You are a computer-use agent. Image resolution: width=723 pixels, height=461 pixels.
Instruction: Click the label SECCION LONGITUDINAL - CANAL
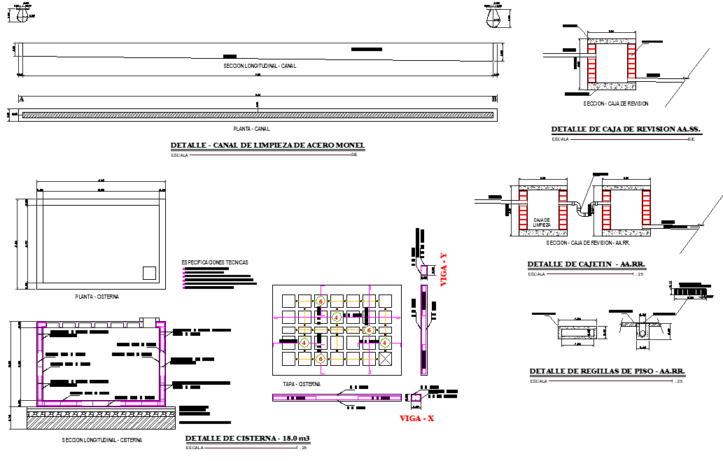260,66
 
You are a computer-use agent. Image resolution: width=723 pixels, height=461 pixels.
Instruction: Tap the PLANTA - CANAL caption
251,129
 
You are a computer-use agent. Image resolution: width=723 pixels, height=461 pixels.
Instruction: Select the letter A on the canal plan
21,99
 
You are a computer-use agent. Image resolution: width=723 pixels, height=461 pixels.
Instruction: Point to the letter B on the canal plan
494,99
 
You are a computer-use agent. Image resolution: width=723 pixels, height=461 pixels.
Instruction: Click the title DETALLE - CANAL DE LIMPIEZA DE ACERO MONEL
267,146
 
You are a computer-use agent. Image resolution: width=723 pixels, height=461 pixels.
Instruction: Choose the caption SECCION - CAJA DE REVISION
616,104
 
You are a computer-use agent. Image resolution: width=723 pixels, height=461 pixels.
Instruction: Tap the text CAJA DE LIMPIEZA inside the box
542,222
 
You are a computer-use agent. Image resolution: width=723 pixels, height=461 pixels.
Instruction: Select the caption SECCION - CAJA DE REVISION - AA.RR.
588,243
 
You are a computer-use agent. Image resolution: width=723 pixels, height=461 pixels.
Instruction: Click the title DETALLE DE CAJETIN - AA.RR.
585,264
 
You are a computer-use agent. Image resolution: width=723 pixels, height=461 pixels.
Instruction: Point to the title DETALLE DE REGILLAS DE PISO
606,371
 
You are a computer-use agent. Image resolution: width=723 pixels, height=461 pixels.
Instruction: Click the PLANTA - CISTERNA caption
97,297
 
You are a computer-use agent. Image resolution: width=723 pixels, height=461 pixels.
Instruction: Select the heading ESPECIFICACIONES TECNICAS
215,262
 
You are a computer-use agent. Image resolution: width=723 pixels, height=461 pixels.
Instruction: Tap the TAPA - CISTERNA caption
302,384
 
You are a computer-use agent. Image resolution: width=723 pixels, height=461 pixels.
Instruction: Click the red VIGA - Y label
443,270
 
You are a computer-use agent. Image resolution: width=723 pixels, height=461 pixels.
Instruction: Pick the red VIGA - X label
417,418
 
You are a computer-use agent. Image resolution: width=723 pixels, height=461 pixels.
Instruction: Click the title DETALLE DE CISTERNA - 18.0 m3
247,439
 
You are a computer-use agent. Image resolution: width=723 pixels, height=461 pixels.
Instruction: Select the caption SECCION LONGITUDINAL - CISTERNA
101,440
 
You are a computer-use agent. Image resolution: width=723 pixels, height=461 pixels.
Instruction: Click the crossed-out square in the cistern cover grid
385,358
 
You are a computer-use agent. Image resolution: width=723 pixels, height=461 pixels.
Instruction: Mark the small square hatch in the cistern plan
148,273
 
